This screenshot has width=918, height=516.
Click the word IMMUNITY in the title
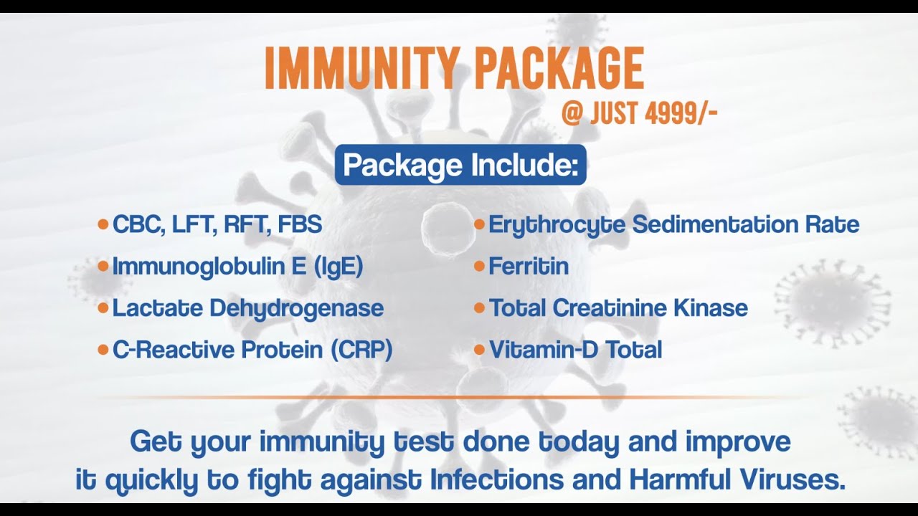coord(361,68)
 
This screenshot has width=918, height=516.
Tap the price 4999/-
coord(681,113)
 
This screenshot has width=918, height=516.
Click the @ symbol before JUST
coord(572,113)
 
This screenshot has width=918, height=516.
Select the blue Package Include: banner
coord(460,165)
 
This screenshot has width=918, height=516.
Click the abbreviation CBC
coord(136,224)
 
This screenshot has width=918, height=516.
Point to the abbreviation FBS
coord(300,224)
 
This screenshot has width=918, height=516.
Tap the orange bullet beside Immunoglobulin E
coord(103,266)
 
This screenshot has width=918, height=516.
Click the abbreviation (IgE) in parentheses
coord(339,267)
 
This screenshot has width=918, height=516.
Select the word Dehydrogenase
coord(297,308)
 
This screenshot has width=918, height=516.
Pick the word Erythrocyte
coord(557,225)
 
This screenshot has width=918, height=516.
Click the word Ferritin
coord(529,266)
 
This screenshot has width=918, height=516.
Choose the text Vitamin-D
coord(543,350)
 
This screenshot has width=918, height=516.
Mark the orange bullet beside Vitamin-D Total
coord(479,350)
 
